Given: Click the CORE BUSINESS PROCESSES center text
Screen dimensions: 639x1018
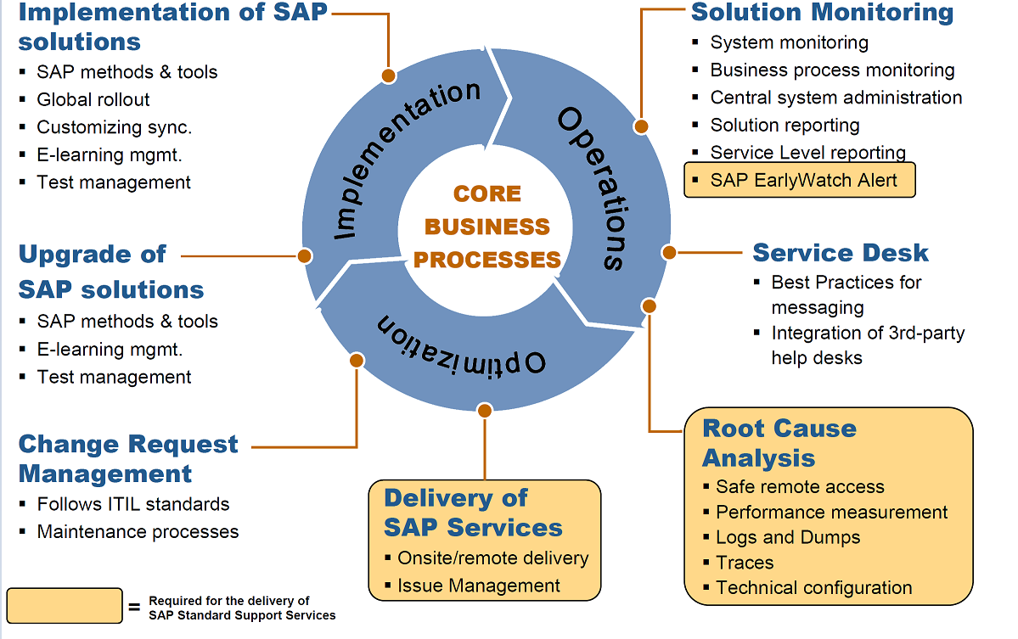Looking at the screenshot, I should coord(487,227).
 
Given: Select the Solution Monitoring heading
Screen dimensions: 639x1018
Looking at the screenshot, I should coord(822,13).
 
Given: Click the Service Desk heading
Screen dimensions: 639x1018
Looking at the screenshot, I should coord(841,253).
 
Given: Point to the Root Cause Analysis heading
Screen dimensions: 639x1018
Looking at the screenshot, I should coord(779,443).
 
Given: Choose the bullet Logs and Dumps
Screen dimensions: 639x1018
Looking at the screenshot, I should coord(787,537).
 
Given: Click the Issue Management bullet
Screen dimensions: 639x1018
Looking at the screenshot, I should coord(478,586).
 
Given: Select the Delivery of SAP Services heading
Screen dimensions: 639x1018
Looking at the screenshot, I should coord(472,513).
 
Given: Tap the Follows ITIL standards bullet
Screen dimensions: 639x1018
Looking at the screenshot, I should coord(132,504).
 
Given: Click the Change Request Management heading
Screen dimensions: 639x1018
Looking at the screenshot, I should coord(127,458).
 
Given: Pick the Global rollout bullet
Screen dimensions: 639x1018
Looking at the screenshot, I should coord(93,99).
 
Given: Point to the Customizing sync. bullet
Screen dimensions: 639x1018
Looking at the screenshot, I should coord(114,127).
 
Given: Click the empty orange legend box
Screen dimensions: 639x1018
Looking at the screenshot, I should coord(65,605).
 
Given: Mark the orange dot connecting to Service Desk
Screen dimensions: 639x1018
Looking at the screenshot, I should coord(669,252).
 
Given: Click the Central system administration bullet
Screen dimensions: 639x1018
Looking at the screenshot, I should coord(835,98).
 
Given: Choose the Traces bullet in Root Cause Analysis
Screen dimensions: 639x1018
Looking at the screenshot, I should coord(744,563).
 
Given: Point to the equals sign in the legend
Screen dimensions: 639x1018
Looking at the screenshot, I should coord(134,608).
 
